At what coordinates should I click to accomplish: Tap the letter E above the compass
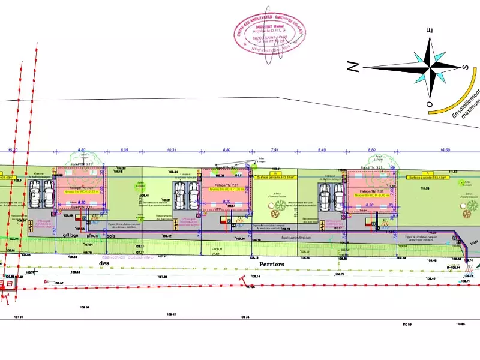(429, 30)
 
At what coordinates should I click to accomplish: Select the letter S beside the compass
(466, 66)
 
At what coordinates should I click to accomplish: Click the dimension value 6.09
(125, 149)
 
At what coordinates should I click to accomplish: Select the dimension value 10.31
(173, 149)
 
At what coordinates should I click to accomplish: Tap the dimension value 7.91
(274, 149)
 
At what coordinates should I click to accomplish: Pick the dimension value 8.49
(322, 149)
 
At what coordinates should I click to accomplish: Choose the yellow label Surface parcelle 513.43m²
(428, 178)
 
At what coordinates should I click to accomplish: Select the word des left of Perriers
(104, 263)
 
